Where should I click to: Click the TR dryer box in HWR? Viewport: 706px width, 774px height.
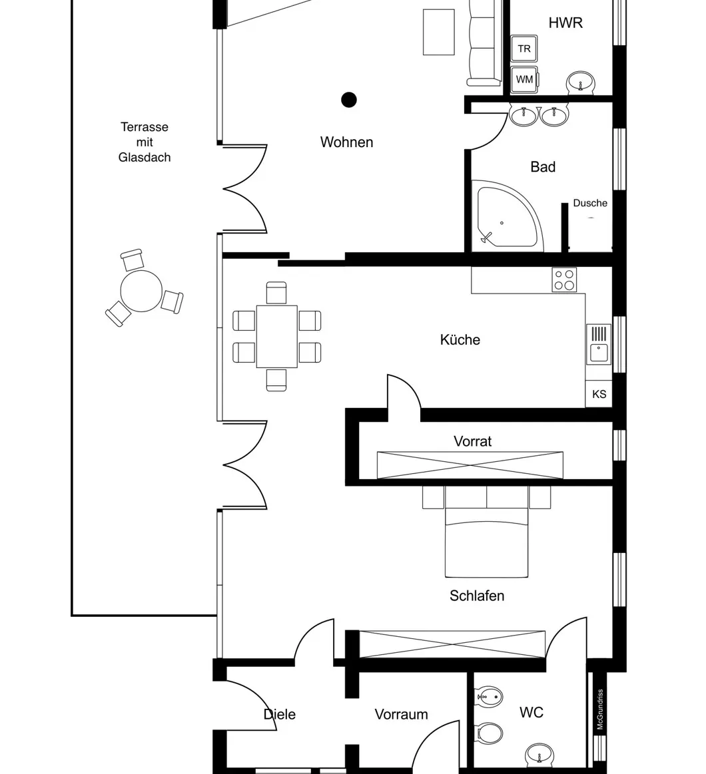[524, 49]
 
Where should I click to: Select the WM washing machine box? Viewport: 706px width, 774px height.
[524, 79]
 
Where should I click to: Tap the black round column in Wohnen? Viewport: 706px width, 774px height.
[349, 100]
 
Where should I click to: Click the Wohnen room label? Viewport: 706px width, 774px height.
[346, 142]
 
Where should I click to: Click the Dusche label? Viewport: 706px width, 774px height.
[590, 203]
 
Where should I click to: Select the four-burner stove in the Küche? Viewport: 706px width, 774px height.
[564, 280]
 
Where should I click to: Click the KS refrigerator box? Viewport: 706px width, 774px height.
[599, 394]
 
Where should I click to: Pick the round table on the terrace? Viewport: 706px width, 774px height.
[141, 291]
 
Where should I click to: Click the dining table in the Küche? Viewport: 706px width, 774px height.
[276, 336]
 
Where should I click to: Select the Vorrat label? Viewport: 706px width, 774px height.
[472, 441]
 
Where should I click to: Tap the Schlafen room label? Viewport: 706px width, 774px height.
[477, 596]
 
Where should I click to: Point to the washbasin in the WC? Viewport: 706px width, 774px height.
[538, 755]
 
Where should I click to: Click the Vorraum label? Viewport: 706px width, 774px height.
[401, 714]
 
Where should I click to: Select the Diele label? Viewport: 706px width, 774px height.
[279, 714]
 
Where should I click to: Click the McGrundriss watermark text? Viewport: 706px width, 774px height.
[599, 709]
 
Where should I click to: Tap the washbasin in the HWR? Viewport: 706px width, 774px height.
[581, 83]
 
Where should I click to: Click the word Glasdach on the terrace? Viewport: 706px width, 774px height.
[145, 157]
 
